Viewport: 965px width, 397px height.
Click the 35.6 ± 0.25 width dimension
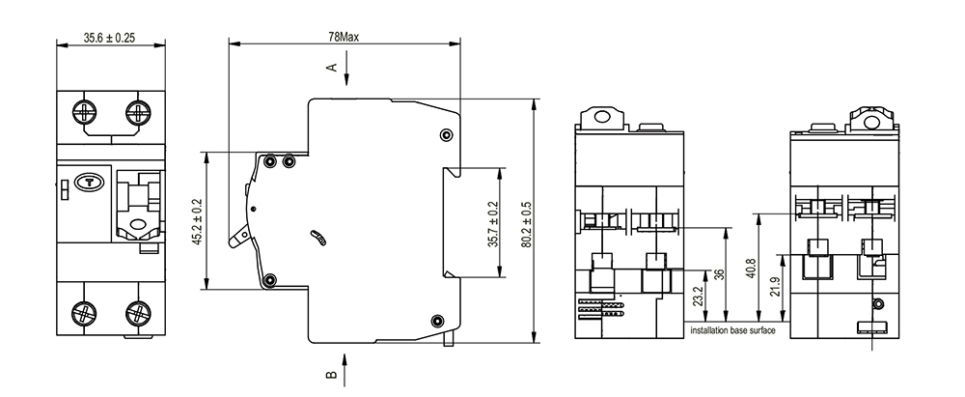[110, 38]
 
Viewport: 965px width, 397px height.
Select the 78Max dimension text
[344, 37]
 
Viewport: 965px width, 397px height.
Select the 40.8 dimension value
[750, 269]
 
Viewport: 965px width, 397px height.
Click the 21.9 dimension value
[775, 287]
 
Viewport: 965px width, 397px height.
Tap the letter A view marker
[332, 67]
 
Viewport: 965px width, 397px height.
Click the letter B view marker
[331, 374]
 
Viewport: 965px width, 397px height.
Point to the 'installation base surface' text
[732, 330]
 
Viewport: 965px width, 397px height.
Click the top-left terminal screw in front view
[84, 112]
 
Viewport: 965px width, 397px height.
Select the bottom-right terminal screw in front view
[137, 313]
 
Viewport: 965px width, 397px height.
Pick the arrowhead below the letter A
[346, 79]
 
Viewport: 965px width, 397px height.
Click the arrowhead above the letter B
[345, 359]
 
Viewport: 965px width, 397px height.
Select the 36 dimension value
[719, 274]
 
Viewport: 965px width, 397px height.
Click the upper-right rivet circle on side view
[446, 135]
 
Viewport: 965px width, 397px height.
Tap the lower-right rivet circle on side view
[437, 321]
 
